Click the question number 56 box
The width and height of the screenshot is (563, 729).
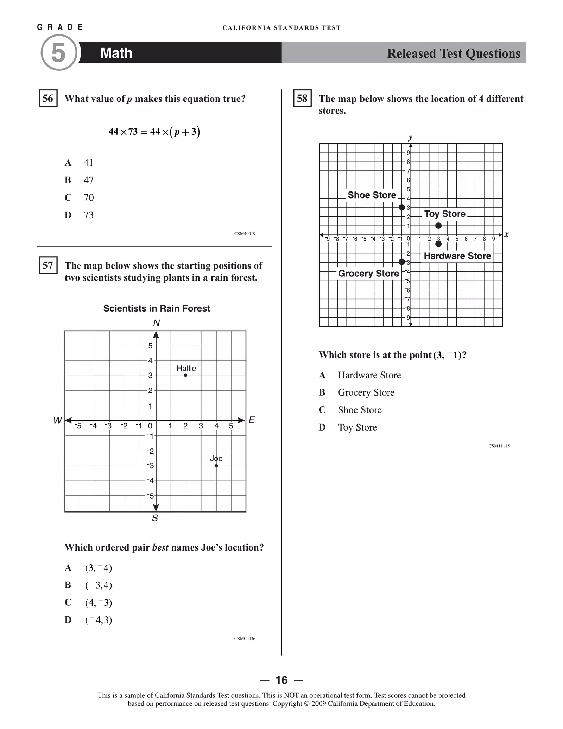[48, 98]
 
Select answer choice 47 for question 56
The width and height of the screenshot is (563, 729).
[88, 180]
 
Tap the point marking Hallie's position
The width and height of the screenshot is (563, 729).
[185, 375]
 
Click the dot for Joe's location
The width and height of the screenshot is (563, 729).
[216, 466]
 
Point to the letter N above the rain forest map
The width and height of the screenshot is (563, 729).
[157, 323]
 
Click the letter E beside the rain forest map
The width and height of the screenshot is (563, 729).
[252, 420]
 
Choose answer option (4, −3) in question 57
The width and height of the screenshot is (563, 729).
[99, 603]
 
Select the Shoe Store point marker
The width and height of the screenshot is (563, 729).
[401, 207]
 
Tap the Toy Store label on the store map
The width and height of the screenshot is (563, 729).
[445, 214]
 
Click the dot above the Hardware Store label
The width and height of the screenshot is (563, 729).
[438, 244]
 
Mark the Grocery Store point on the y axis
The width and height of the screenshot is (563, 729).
[401, 262]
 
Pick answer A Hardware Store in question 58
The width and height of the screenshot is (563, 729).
[369, 375]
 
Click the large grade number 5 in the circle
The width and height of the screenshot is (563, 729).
[58, 53]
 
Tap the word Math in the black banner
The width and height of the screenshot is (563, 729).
[116, 53]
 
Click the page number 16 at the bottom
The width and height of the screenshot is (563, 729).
[281, 680]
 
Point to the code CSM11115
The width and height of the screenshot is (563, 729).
[499, 446]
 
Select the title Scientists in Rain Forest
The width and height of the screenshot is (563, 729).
[157, 308]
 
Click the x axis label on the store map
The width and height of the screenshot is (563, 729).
[506, 234]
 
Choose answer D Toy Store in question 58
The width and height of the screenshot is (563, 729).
[357, 427]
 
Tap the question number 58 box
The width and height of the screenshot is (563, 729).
[302, 98]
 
